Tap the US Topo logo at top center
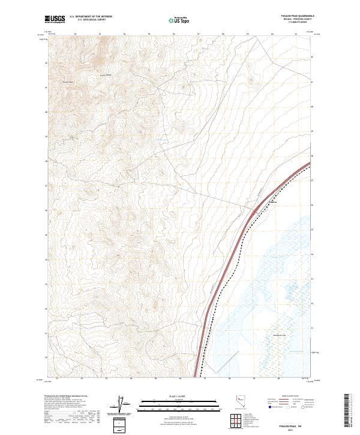click(x=181, y=20)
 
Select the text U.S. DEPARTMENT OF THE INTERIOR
click(x=91, y=17)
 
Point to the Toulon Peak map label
click(x=67, y=82)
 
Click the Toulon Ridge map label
click(x=106, y=74)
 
